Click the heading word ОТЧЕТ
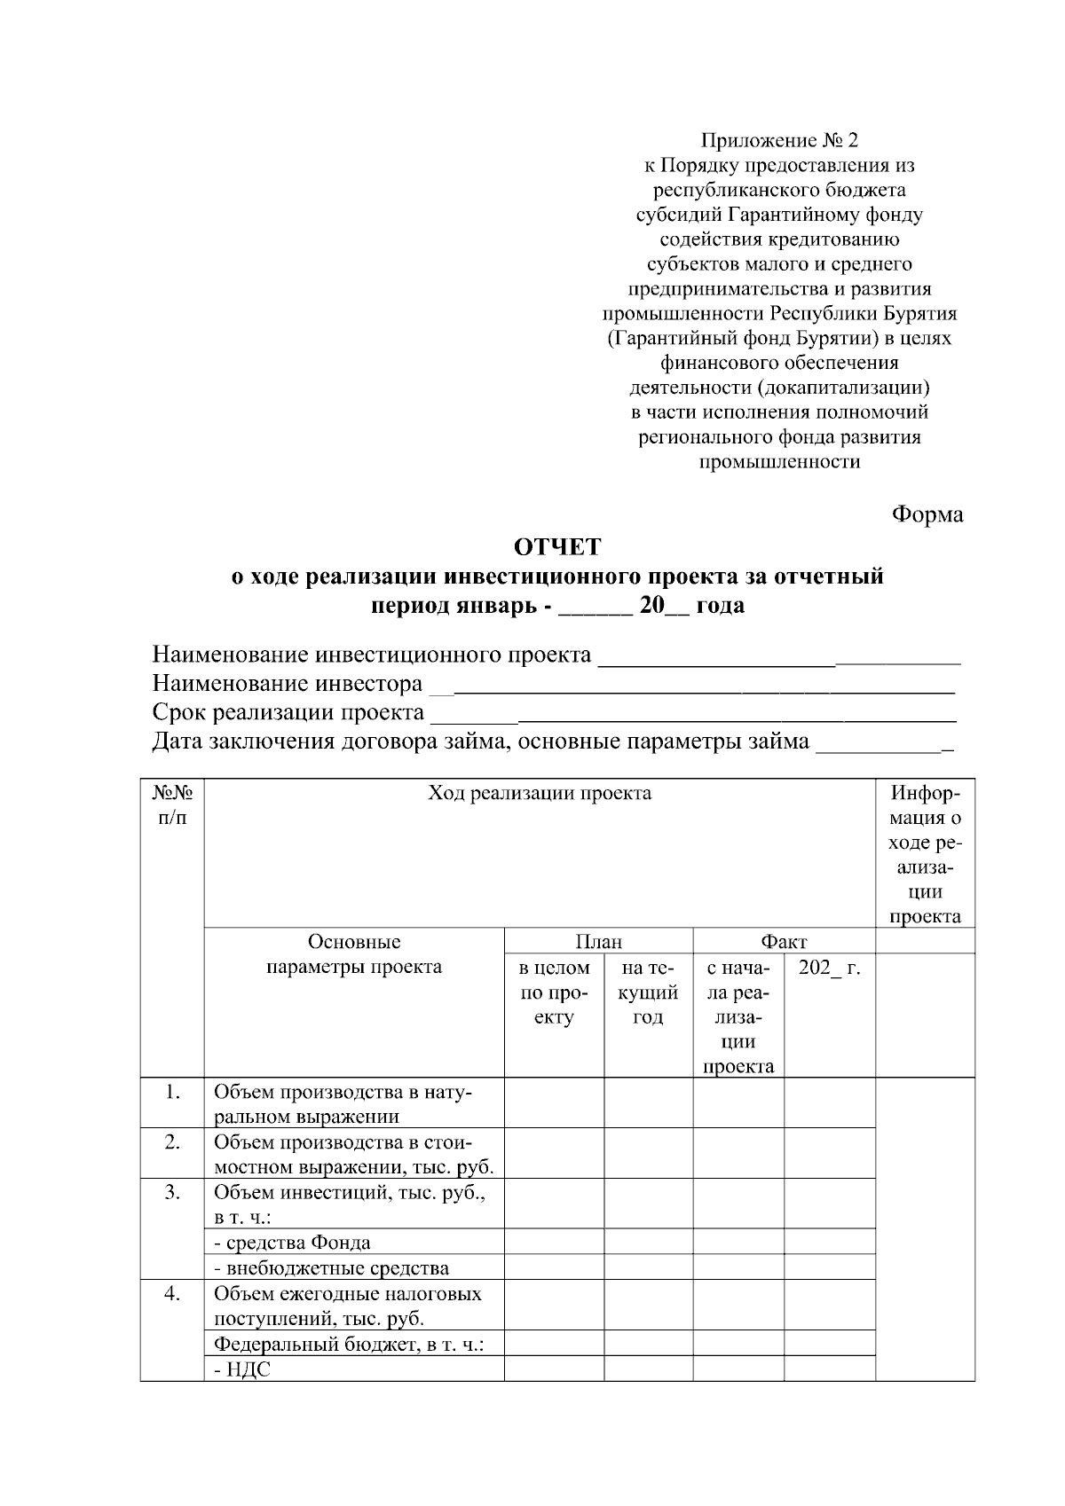click(x=557, y=547)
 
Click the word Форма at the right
click(x=927, y=514)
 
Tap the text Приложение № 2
click(x=779, y=140)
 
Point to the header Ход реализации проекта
click(x=540, y=793)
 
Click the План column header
click(x=598, y=941)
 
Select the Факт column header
click(x=783, y=941)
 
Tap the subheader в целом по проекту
click(x=554, y=992)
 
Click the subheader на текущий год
click(x=648, y=992)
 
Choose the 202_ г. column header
click(x=829, y=967)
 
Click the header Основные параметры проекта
click(x=354, y=954)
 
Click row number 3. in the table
click(x=172, y=1192)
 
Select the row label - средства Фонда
click(x=292, y=1243)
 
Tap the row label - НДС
click(x=242, y=1369)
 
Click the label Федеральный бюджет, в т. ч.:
click(x=349, y=1345)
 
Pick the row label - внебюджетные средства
click(x=331, y=1267)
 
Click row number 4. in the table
click(x=172, y=1293)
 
